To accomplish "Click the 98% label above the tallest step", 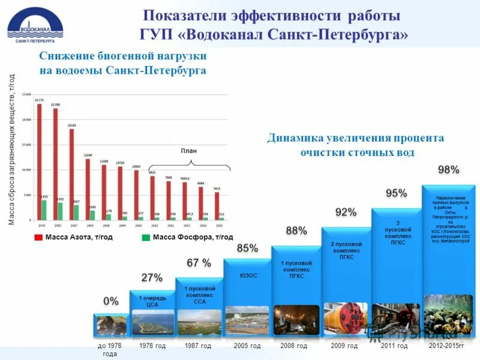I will click(448, 170).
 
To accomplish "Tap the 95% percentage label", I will click(396, 194).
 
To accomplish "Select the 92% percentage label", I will click(346, 212).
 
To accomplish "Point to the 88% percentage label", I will click(296, 231).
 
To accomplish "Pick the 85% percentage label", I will click(248, 248).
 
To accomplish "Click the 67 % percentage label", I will click(199, 263).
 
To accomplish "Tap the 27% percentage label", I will click(152, 278).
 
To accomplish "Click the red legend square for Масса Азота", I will click(38, 238).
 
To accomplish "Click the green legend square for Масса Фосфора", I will click(146, 238).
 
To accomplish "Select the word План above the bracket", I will click(189, 151).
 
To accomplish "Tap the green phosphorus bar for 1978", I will click(44, 210).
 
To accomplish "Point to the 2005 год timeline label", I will click(247, 346).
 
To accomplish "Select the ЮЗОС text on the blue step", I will click(248, 276).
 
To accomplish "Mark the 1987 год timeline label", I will click(198, 346).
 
